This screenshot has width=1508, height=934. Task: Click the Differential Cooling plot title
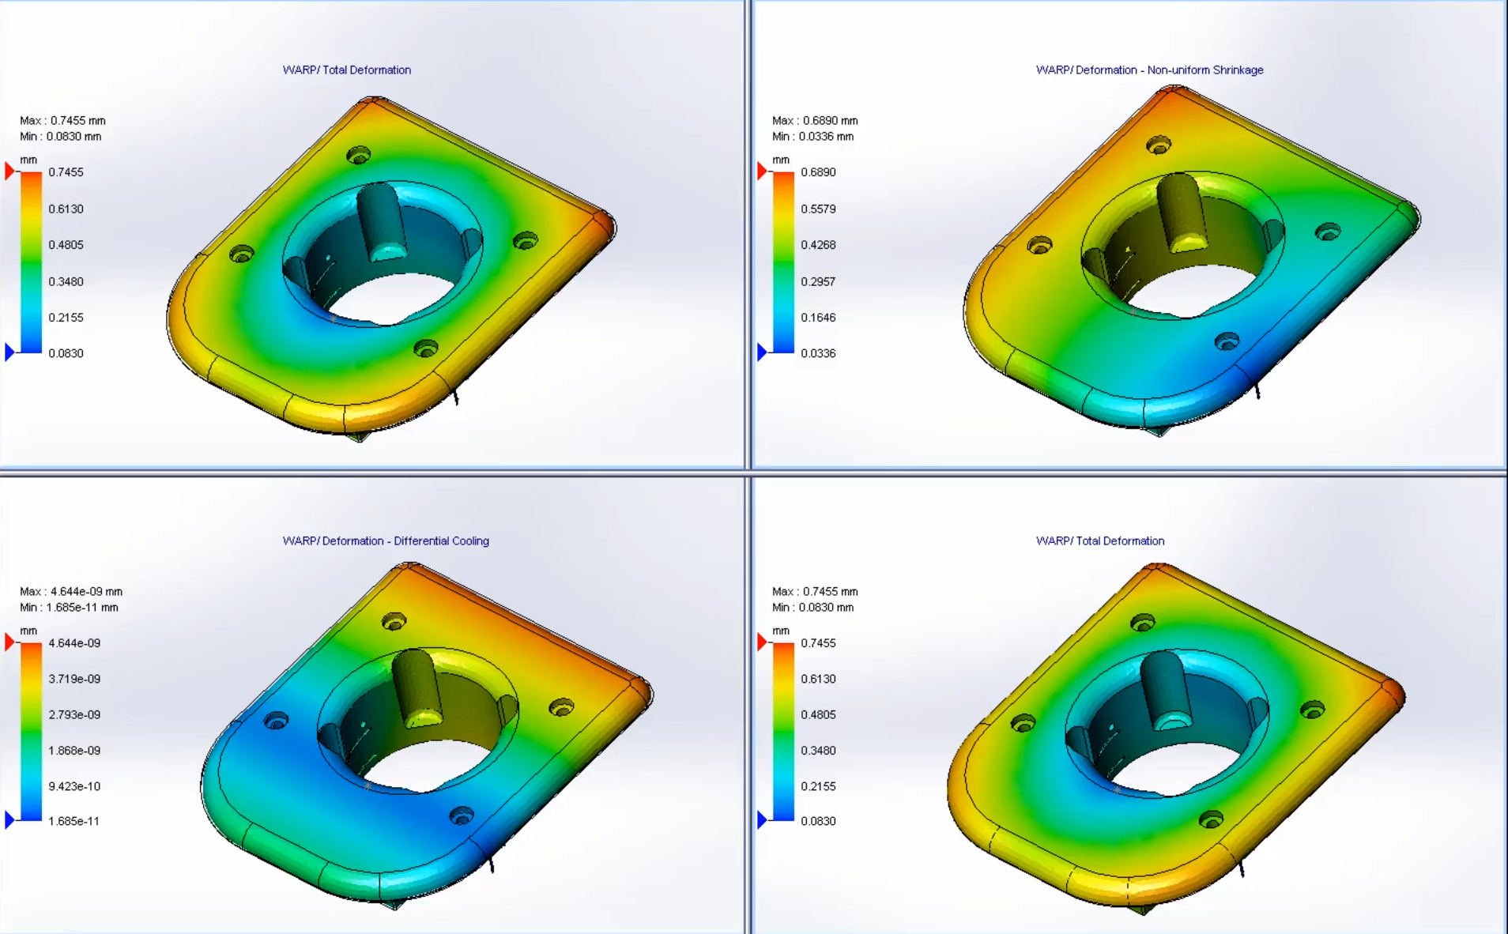tap(386, 541)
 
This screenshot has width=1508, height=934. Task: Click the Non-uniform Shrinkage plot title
tap(1149, 70)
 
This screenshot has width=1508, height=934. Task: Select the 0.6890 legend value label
tap(818, 172)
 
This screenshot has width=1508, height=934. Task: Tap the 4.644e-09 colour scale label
tap(74, 643)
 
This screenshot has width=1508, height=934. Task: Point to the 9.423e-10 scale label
tap(74, 786)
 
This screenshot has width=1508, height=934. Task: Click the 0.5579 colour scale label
tap(818, 209)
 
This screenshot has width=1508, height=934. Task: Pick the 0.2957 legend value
tap(818, 282)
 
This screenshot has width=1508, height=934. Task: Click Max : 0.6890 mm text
tap(815, 121)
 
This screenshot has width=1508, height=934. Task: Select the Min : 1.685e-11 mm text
tap(69, 608)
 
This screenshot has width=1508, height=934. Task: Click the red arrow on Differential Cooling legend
tap(9, 642)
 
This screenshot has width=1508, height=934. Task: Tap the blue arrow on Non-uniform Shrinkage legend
tap(762, 352)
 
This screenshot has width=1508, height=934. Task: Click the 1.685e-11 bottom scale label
tap(74, 822)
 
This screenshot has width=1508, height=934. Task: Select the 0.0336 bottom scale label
tap(818, 354)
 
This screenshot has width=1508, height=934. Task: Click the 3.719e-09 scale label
tap(74, 679)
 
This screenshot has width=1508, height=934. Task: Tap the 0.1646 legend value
tap(818, 318)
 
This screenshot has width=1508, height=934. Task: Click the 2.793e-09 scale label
tap(74, 715)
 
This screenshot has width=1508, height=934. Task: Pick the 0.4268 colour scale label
tap(818, 245)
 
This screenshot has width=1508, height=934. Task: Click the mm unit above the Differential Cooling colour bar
tap(28, 631)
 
